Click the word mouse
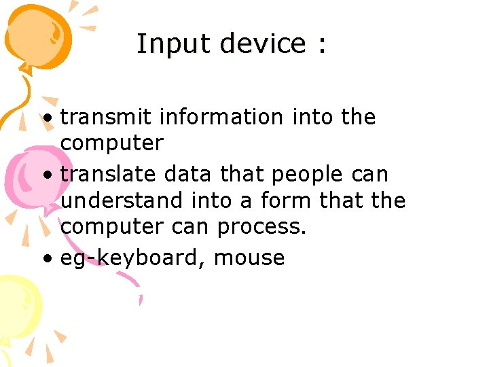(x=249, y=258)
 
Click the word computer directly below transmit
(x=112, y=144)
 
